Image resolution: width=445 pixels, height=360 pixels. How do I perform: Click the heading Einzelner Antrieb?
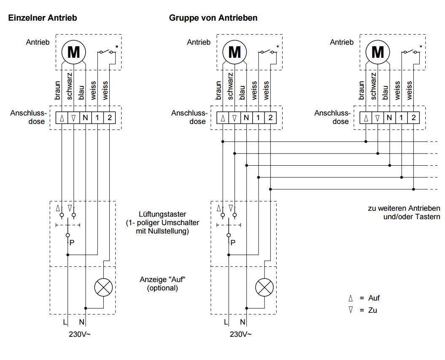[42, 18]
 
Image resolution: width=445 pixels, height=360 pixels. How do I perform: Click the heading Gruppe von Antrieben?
[213, 18]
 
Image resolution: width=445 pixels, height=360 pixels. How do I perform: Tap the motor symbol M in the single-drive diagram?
[74, 52]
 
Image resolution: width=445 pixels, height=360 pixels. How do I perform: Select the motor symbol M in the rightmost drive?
[378, 52]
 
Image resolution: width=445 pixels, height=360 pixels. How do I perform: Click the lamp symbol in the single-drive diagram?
[102, 287]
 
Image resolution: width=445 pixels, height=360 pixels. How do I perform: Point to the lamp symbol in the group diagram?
[264, 287]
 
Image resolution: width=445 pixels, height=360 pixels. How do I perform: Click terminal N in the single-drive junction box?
[85, 117]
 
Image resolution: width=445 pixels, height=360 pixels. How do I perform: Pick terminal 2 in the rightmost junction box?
[413, 117]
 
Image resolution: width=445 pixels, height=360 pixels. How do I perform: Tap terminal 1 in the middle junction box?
[258, 117]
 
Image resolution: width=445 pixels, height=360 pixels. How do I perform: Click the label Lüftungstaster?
[162, 214]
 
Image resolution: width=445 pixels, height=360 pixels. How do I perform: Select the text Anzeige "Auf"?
[162, 280]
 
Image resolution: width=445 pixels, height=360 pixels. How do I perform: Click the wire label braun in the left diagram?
[58, 89]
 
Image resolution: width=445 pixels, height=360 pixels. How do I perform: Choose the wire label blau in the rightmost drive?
[385, 92]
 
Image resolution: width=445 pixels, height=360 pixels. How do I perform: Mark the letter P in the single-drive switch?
[72, 243]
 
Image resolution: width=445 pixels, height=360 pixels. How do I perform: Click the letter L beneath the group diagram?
[226, 322]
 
